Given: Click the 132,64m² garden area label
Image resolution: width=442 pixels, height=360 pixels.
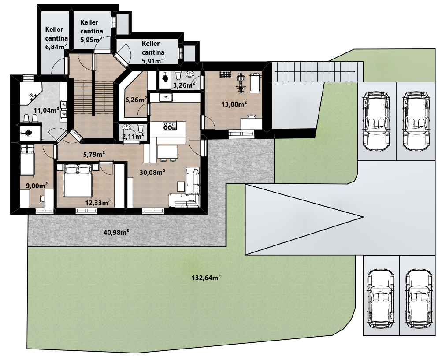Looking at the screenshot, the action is click(x=206, y=278).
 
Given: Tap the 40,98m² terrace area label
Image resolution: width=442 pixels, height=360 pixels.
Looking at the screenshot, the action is click(x=116, y=232).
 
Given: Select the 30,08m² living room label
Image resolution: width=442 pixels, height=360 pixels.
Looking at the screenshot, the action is click(x=152, y=172).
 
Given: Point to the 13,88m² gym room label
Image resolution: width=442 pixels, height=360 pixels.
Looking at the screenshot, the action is click(x=234, y=104).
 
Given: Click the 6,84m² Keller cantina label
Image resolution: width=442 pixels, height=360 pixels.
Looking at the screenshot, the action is click(x=56, y=38).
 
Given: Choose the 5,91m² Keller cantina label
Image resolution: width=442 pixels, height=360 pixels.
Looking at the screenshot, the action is click(x=153, y=52).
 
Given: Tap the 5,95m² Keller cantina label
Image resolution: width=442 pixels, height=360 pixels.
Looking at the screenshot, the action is click(x=91, y=31).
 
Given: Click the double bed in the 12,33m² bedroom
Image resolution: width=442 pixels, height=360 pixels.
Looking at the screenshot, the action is click(x=78, y=181).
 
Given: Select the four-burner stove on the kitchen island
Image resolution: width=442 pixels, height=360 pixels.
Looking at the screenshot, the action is click(x=169, y=126).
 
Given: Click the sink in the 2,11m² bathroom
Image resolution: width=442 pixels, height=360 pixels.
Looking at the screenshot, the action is click(x=127, y=127).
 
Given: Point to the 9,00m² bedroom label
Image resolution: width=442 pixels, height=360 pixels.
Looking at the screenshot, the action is click(x=37, y=186).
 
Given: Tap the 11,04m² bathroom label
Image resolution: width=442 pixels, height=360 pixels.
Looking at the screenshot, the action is click(x=47, y=110).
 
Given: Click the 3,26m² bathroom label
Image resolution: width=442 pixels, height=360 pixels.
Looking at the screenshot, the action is click(x=184, y=85).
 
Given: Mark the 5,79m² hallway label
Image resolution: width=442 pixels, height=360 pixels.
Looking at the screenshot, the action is click(x=94, y=154).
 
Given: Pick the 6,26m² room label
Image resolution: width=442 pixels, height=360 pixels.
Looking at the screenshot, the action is click(x=136, y=100).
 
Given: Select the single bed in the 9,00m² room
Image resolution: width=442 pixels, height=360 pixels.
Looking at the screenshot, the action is click(x=27, y=159).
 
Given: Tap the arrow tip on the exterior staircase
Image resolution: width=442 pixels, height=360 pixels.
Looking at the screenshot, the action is click(x=355, y=72).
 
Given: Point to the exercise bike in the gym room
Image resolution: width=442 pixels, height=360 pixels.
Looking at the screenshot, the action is click(x=241, y=83).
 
